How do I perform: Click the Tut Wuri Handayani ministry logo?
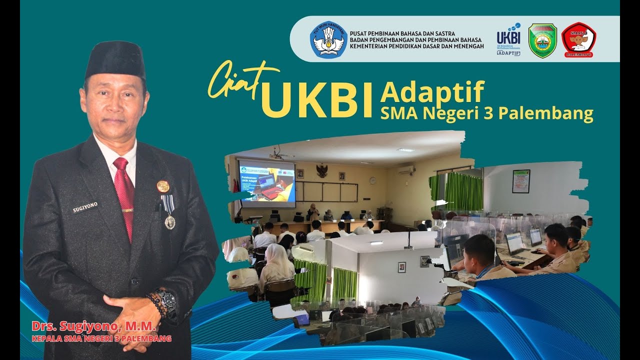click(328, 39)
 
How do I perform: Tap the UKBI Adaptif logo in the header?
click(508, 39)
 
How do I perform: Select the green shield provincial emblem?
click(542, 40)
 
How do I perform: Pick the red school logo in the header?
click(578, 40)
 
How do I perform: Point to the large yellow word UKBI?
click(318, 100)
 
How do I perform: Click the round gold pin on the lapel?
click(163, 186)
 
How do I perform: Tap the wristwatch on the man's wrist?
click(167, 299)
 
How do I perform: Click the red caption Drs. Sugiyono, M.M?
click(94, 327)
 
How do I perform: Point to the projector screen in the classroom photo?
click(266, 183)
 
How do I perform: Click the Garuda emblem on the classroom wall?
click(322, 170)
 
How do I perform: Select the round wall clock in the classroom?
click(372, 180)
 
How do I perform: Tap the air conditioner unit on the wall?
click(406, 170)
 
